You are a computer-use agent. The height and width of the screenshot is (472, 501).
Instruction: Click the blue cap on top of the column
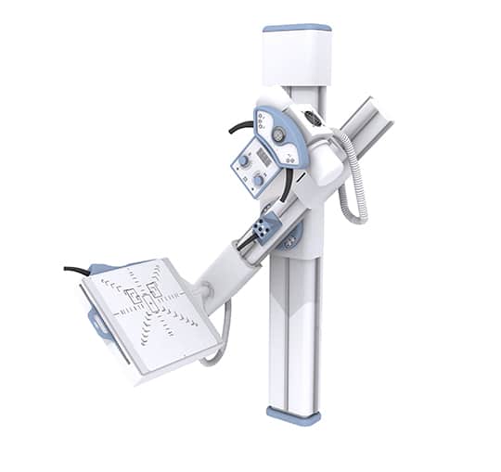[296, 28]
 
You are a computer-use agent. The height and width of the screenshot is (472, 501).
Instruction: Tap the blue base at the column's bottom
[293, 415]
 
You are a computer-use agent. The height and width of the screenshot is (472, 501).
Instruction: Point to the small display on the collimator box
[263, 156]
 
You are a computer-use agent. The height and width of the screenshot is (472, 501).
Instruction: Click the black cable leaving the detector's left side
[76, 271]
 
